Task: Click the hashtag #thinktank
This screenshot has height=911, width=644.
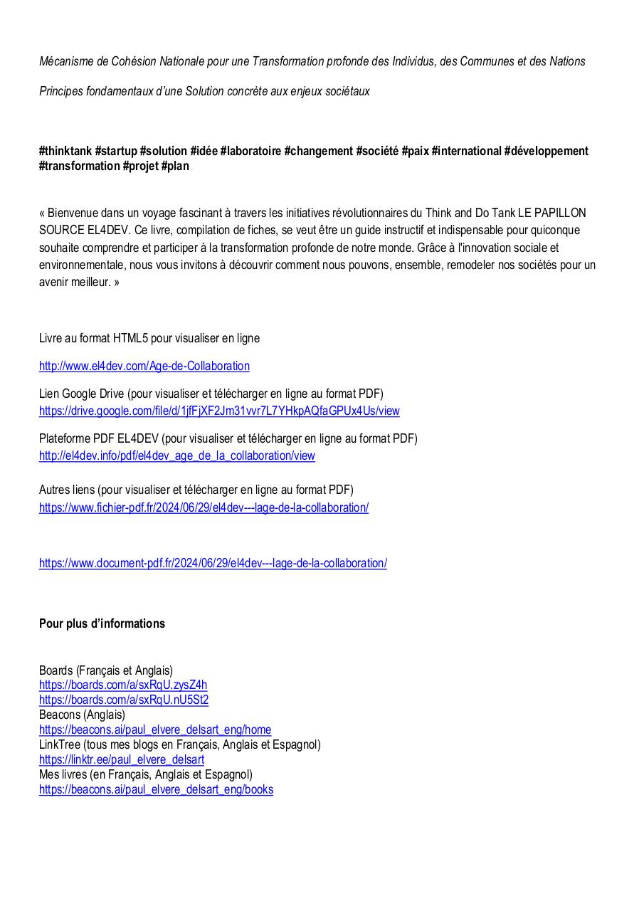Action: coord(65,151)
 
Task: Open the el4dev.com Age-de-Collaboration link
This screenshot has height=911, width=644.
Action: coord(144,366)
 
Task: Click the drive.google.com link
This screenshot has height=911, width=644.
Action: coord(219,411)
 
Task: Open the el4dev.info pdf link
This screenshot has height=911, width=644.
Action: coord(176,455)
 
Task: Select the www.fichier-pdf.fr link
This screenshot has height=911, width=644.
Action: coord(204,507)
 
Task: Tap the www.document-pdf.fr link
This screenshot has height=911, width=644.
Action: coord(213,563)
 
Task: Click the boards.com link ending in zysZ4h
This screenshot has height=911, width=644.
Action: coord(123,685)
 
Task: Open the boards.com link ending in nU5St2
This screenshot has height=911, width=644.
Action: coord(124,700)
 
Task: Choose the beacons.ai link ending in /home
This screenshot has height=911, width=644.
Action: coord(155,730)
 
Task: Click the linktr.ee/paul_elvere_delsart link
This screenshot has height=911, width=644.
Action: coord(122,759)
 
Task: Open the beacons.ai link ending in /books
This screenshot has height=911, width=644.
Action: coord(156,789)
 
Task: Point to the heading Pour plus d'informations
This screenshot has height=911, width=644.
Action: coord(102,623)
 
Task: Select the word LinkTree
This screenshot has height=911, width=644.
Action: coord(60,744)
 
